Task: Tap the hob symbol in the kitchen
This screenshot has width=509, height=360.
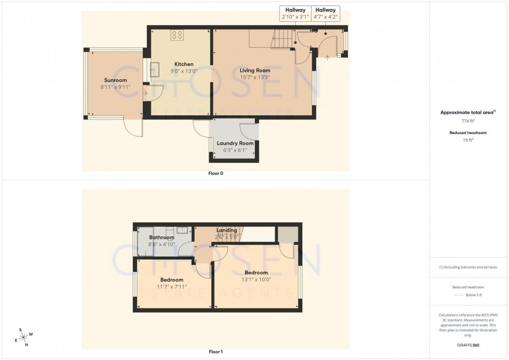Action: pos(177,35)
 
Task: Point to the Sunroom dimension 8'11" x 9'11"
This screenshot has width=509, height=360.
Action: pos(115,87)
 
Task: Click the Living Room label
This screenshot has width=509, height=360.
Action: pos(254,70)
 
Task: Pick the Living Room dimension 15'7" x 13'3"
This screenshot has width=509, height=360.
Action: pos(254,77)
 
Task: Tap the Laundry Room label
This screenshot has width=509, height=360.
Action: pos(235,143)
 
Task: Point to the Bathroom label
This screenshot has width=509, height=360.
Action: pos(162,237)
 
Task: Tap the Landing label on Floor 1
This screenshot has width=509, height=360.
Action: pos(226,230)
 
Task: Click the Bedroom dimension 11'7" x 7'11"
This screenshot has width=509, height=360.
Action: pos(171,287)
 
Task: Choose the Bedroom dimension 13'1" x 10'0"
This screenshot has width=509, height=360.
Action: pos(256,279)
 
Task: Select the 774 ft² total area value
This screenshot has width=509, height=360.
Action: pos(468,121)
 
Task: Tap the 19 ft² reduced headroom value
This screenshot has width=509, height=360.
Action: pos(468,140)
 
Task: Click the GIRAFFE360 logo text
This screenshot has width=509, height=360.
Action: pos(468,344)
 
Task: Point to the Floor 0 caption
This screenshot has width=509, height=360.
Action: pos(216,174)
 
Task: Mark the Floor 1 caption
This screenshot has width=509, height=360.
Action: pos(216,352)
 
